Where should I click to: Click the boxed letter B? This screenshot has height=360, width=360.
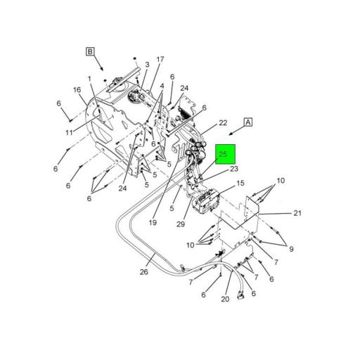(x=90, y=51)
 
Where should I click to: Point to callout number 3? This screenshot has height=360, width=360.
(x=147, y=65)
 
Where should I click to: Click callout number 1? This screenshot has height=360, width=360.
(x=90, y=78)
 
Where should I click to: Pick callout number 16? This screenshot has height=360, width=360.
(x=77, y=90)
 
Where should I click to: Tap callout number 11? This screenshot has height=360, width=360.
(x=70, y=131)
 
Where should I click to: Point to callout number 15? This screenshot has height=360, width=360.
(x=240, y=184)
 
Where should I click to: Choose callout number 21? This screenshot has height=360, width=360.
(x=297, y=213)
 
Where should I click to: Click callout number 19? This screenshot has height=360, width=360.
(x=152, y=223)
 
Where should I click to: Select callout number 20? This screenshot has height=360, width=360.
(x=225, y=299)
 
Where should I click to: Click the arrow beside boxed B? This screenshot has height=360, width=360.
(x=102, y=65)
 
